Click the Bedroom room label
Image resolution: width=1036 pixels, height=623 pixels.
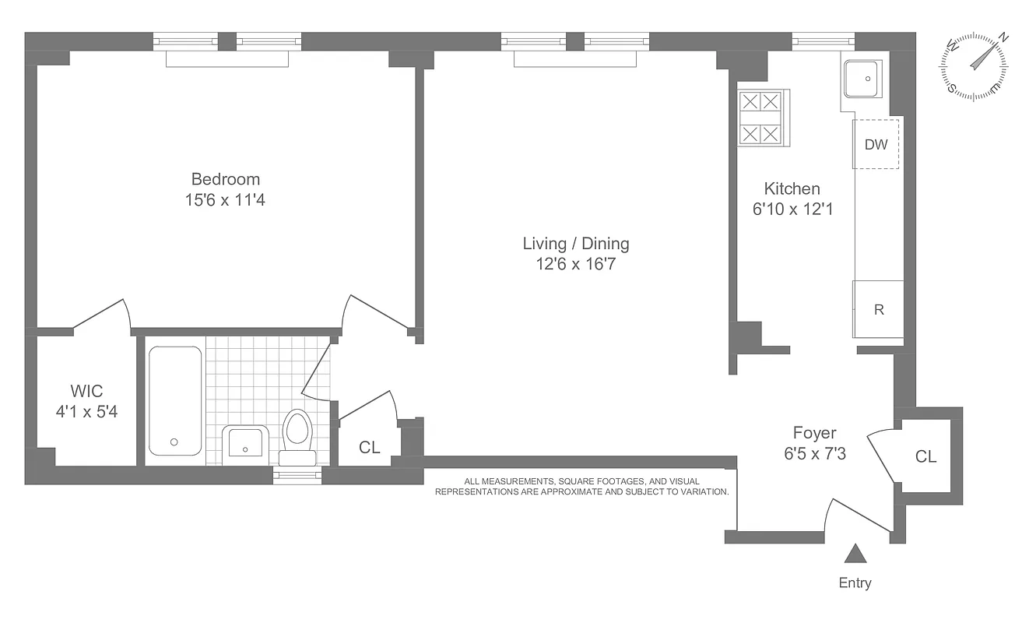click(x=226, y=180)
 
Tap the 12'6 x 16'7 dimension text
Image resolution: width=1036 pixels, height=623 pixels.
click(x=576, y=265)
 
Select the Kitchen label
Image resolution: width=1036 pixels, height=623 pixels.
click(x=792, y=188)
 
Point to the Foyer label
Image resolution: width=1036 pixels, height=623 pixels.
click(x=814, y=433)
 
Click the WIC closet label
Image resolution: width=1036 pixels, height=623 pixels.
click(x=86, y=391)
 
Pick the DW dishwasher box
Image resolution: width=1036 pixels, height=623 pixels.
click(x=876, y=144)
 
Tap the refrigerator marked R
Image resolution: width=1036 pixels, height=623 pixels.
click(x=879, y=309)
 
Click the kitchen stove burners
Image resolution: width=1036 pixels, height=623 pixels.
click(x=760, y=118)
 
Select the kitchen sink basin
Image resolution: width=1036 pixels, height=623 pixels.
click(x=862, y=79)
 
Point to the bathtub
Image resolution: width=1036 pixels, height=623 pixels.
click(x=174, y=400)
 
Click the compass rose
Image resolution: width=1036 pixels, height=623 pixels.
click(x=976, y=67)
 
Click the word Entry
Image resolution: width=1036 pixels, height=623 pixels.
click(x=855, y=583)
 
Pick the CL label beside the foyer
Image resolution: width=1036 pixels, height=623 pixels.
click(x=925, y=457)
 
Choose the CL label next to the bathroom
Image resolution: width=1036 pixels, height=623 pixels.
click(x=369, y=447)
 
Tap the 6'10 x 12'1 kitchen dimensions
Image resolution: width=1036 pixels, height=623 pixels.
click(x=792, y=209)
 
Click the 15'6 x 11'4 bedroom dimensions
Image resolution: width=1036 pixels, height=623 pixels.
click(x=226, y=200)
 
